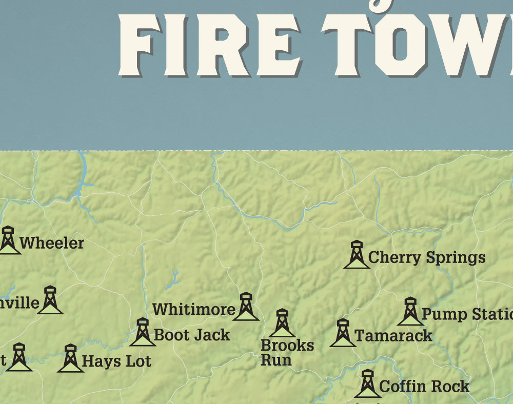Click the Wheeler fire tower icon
click(9, 240)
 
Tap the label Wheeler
click(51, 243)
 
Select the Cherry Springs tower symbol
click(357, 255)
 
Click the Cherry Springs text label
click(427, 257)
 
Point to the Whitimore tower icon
click(246, 307)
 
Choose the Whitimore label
click(193, 310)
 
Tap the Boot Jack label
click(192, 335)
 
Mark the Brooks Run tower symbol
click(282, 324)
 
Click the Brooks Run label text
click(287, 352)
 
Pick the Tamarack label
click(393, 336)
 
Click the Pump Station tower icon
click(410, 312)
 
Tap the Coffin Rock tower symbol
click(367, 384)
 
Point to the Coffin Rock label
click(424, 386)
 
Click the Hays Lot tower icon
click(71, 359)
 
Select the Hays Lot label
click(116, 361)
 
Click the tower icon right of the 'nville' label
click(50, 300)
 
